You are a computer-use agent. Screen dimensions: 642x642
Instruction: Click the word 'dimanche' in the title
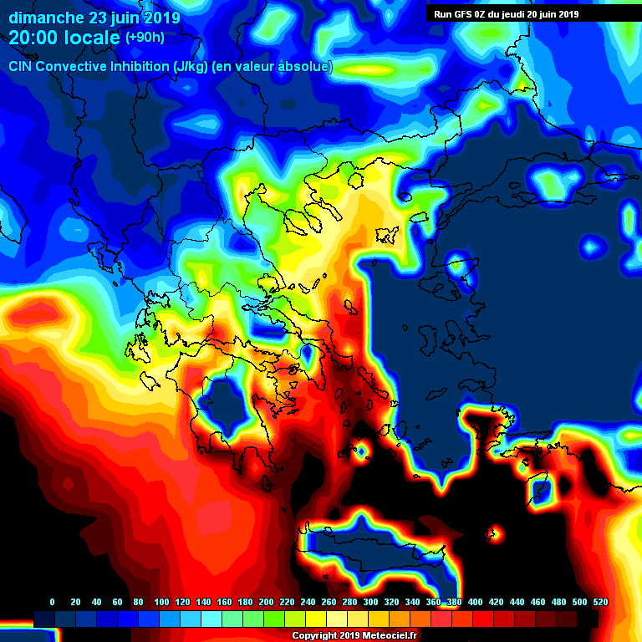(x=47, y=17)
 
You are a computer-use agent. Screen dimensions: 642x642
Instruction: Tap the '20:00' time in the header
(x=36, y=38)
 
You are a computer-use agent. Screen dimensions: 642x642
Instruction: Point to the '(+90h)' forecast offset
(x=145, y=38)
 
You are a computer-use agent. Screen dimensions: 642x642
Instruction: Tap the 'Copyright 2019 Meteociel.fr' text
(x=354, y=635)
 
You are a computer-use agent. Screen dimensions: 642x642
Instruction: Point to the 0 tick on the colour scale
(x=53, y=602)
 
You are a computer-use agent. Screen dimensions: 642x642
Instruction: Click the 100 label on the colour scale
(x=161, y=602)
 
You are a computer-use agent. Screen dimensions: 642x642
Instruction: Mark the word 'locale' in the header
(x=93, y=38)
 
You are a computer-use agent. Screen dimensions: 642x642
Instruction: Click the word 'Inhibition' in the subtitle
(x=138, y=67)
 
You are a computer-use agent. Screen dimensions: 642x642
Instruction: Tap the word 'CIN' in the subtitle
(x=21, y=67)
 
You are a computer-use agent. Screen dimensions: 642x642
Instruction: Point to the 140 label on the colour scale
(x=203, y=602)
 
